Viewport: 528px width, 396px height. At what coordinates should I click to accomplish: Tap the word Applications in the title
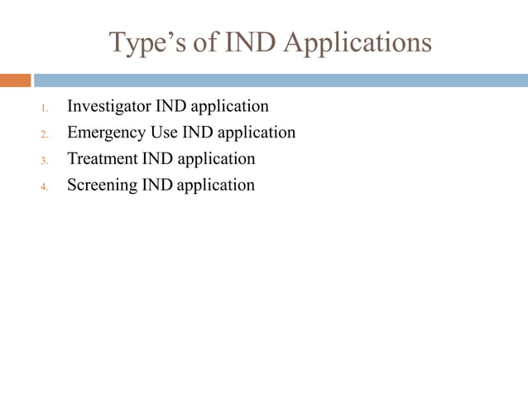[x=358, y=42]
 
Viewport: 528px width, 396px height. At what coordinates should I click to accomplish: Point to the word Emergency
[x=104, y=133]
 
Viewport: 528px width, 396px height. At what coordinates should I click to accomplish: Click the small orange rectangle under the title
[x=15, y=80]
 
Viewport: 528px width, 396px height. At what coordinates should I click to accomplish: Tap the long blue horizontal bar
[x=281, y=80]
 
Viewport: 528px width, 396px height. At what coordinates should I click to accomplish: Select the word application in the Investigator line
[x=230, y=107]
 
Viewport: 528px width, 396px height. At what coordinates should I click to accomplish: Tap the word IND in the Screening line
[x=157, y=186]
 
